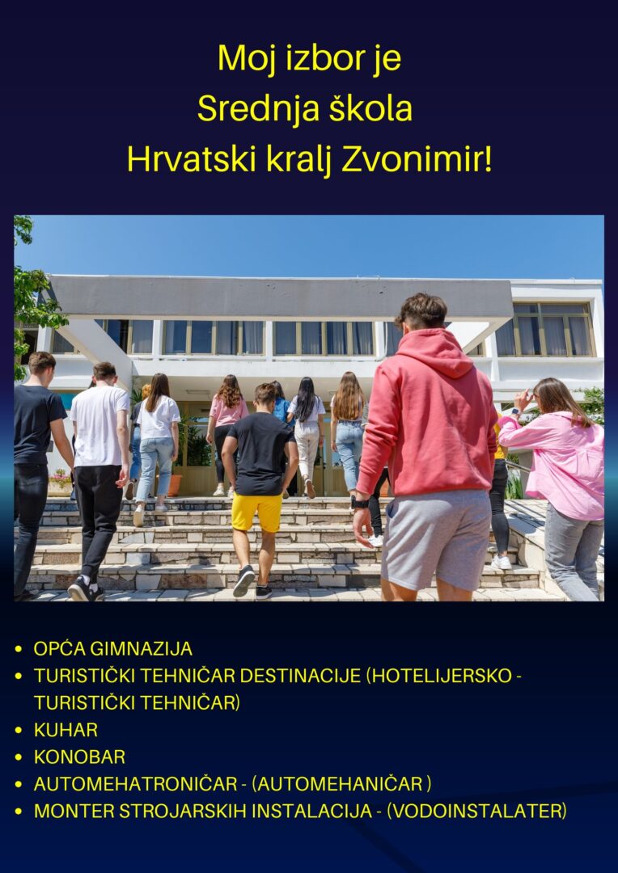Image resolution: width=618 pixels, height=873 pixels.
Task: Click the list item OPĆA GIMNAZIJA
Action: click(x=113, y=648)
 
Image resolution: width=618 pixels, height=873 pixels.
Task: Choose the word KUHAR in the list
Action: click(x=66, y=729)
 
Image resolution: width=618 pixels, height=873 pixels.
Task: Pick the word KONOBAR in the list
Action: click(x=80, y=757)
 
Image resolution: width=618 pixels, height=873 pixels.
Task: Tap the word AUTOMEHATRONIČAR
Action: click(x=136, y=784)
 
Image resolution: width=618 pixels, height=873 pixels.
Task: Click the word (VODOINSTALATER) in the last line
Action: click(x=476, y=811)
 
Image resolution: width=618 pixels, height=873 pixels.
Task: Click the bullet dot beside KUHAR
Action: click(x=19, y=730)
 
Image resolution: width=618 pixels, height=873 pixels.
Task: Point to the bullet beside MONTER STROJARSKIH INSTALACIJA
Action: click(x=19, y=812)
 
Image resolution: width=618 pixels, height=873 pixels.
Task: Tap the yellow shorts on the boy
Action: click(x=257, y=512)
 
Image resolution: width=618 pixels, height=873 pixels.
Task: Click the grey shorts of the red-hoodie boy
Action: click(x=436, y=539)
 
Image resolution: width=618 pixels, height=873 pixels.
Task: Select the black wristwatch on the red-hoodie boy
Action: click(x=359, y=503)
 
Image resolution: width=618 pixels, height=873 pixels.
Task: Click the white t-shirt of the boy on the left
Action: click(x=99, y=425)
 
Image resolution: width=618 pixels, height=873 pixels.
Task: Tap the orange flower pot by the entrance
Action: click(x=175, y=486)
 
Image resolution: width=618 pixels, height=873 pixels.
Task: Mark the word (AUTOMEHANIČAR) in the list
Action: click(x=341, y=784)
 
